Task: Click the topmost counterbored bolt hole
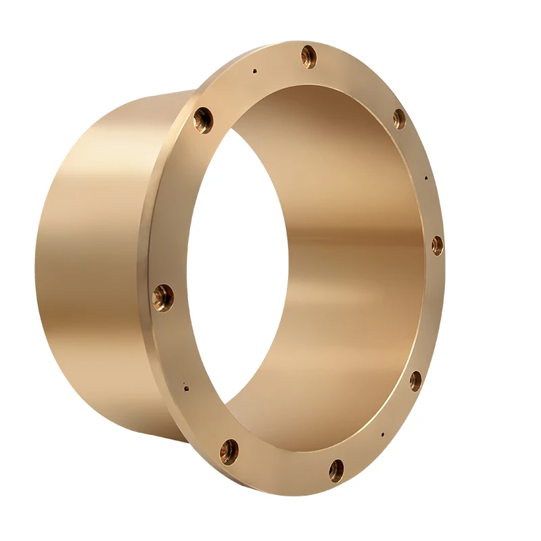pyautogui.click(x=309, y=56)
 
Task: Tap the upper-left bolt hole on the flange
pyautogui.click(x=203, y=120)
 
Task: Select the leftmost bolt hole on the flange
pyautogui.click(x=163, y=297)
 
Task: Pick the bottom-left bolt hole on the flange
pyautogui.click(x=229, y=450)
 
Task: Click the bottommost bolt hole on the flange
pyautogui.click(x=336, y=469)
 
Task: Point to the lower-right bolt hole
pyautogui.click(x=415, y=381)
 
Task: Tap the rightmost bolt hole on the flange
pyautogui.click(x=437, y=245)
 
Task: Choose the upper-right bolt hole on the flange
pyautogui.click(x=399, y=119)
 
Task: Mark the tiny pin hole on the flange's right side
pyautogui.click(x=425, y=179)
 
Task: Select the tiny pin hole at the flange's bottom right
pyautogui.click(x=383, y=435)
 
